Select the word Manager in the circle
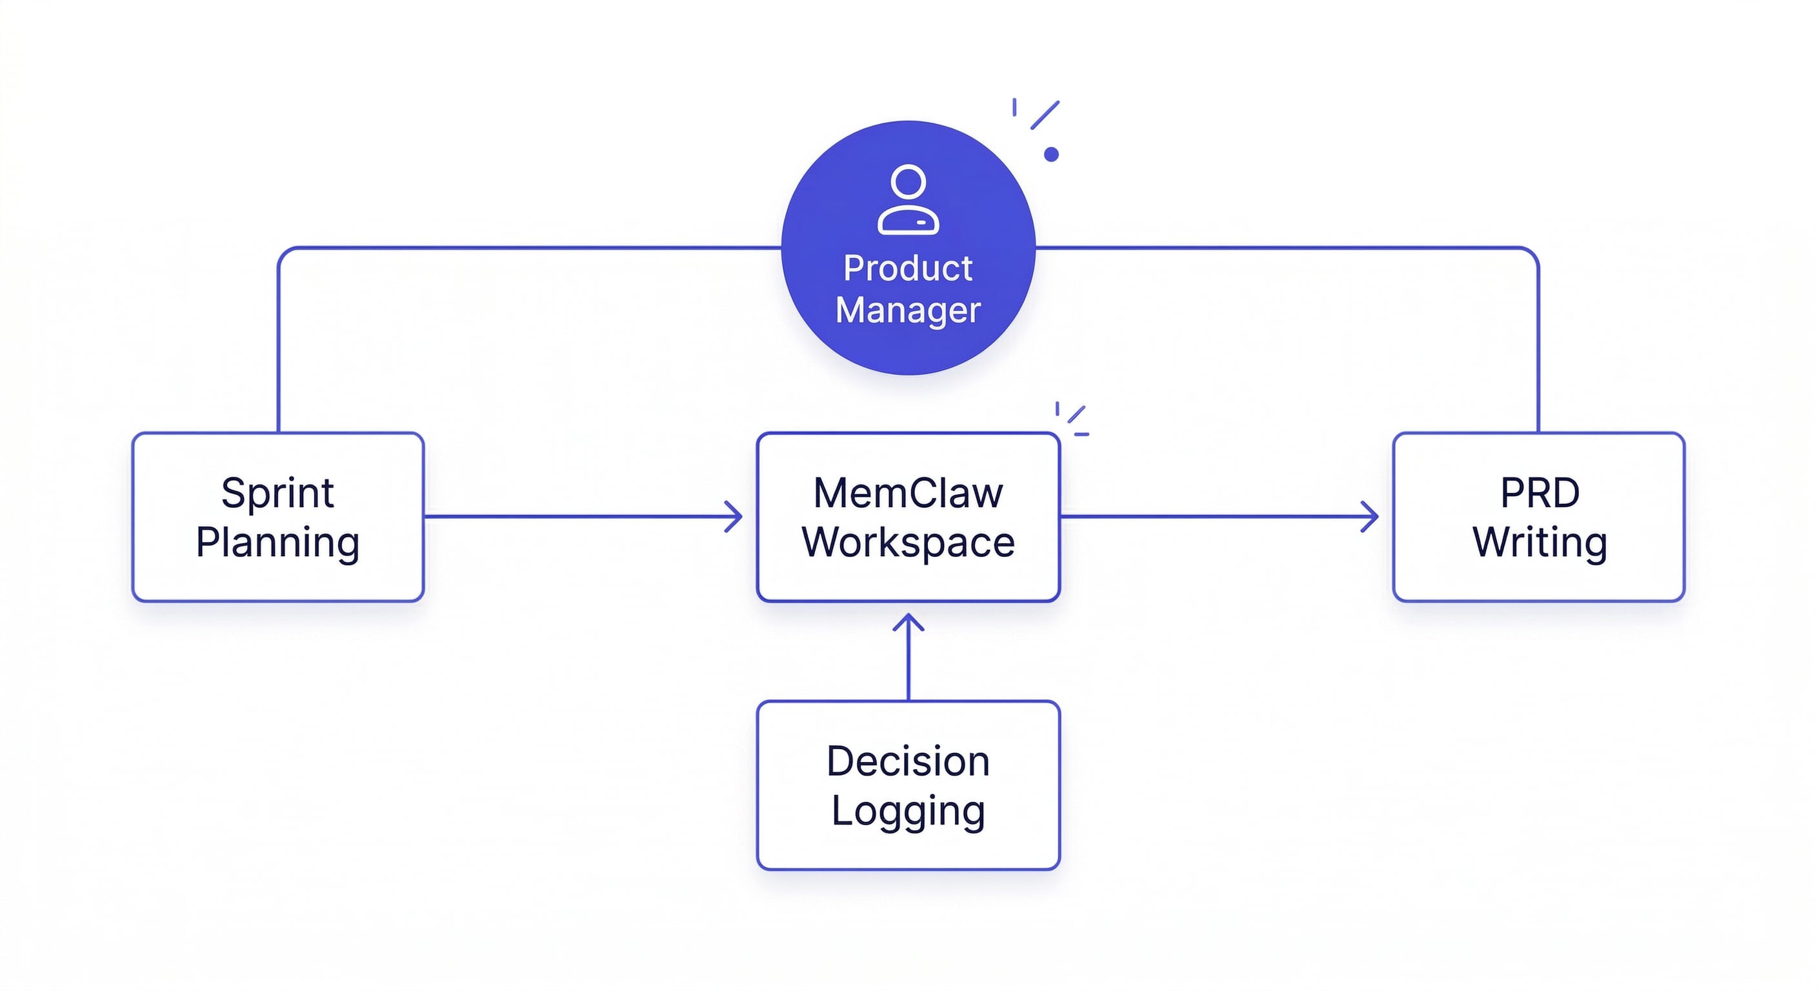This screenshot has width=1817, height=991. coord(908,310)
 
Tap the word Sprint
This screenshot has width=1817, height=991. coord(277,493)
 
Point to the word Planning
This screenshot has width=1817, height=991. coord(277,543)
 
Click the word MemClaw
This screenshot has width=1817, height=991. coord(908,492)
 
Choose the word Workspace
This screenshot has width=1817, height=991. coord(908,543)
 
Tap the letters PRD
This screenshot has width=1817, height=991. coord(1539,492)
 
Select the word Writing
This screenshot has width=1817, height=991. coord(1539,543)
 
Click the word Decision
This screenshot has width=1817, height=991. coord(908,761)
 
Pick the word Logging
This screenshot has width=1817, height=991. coord(908,811)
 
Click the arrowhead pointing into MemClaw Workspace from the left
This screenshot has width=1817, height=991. coord(736,516)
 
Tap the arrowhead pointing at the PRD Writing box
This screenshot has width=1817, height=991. coord(1371,516)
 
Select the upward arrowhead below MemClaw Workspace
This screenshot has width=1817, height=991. coord(908,622)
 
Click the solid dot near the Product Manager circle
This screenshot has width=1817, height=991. coord(1051,154)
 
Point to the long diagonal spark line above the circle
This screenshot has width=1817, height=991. coord(1045,115)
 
